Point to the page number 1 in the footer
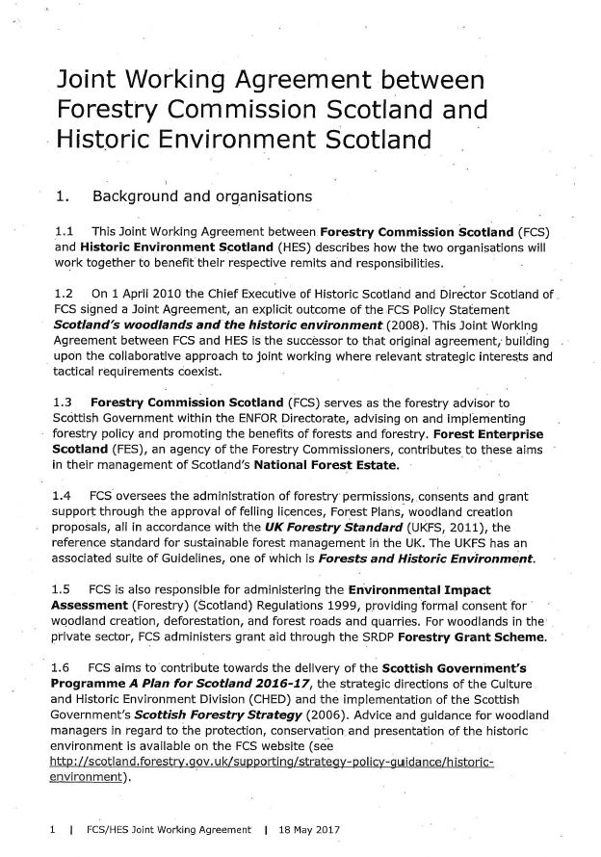pyautogui.click(x=47, y=827)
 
